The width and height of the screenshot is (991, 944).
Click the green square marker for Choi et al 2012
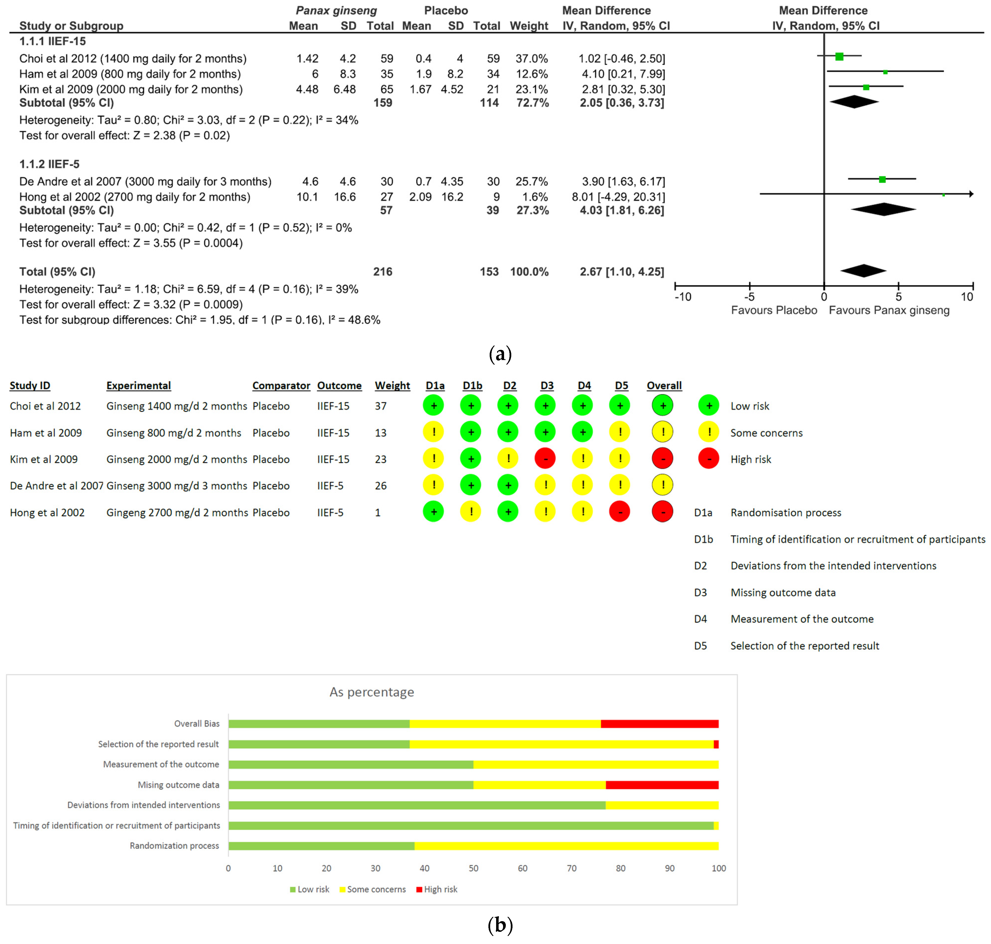tap(839, 56)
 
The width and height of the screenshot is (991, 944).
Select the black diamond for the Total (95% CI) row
tap(863, 271)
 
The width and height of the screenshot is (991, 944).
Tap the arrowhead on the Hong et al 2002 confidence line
tap(971, 194)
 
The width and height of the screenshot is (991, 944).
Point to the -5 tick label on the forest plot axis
tap(749, 297)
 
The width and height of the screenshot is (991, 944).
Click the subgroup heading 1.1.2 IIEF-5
tap(49, 164)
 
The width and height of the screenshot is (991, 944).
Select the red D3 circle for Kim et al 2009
tap(545, 458)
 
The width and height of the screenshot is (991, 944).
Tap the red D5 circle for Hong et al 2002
tap(620, 512)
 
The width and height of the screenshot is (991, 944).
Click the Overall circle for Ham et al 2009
tap(663, 432)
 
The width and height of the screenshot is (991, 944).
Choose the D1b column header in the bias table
tap(472, 385)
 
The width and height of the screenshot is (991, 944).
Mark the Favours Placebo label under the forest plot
tap(773, 310)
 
